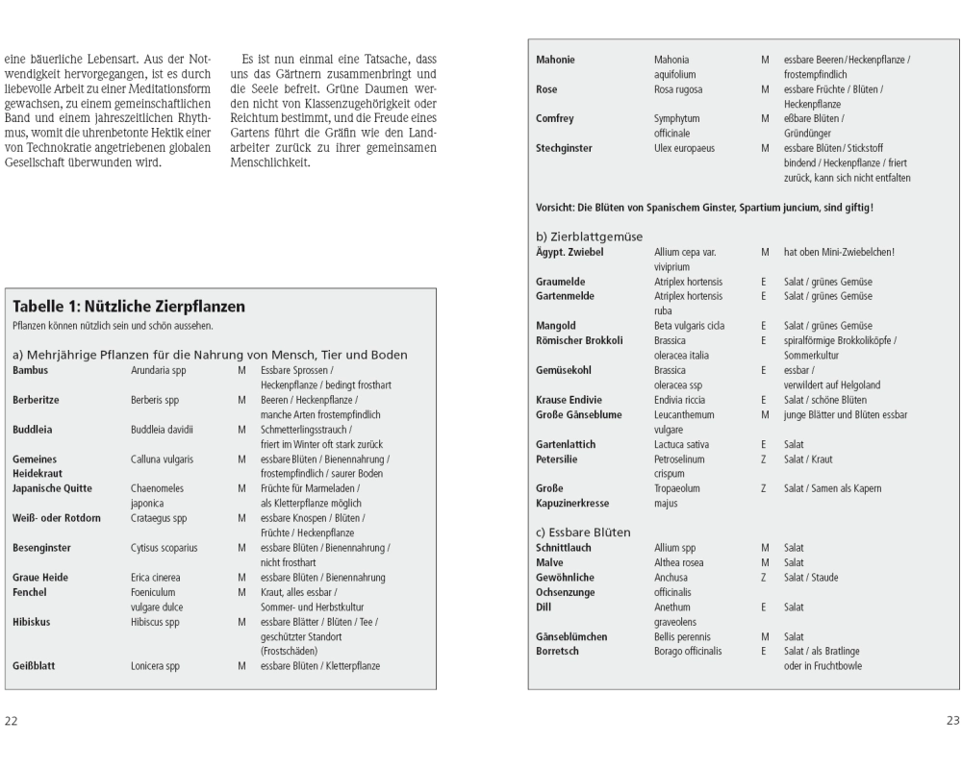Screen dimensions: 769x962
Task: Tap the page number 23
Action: click(x=949, y=721)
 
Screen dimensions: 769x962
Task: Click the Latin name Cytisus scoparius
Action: click(x=165, y=548)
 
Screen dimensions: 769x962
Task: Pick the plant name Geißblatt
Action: click(x=34, y=665)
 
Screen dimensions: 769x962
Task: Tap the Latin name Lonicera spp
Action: click(x=155, y=665)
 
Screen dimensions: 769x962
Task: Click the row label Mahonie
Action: click(x=555, y=60)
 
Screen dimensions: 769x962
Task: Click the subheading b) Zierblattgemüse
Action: click(x=590, y=236)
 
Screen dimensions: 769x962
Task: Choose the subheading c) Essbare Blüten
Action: click(x=584, y=532)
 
